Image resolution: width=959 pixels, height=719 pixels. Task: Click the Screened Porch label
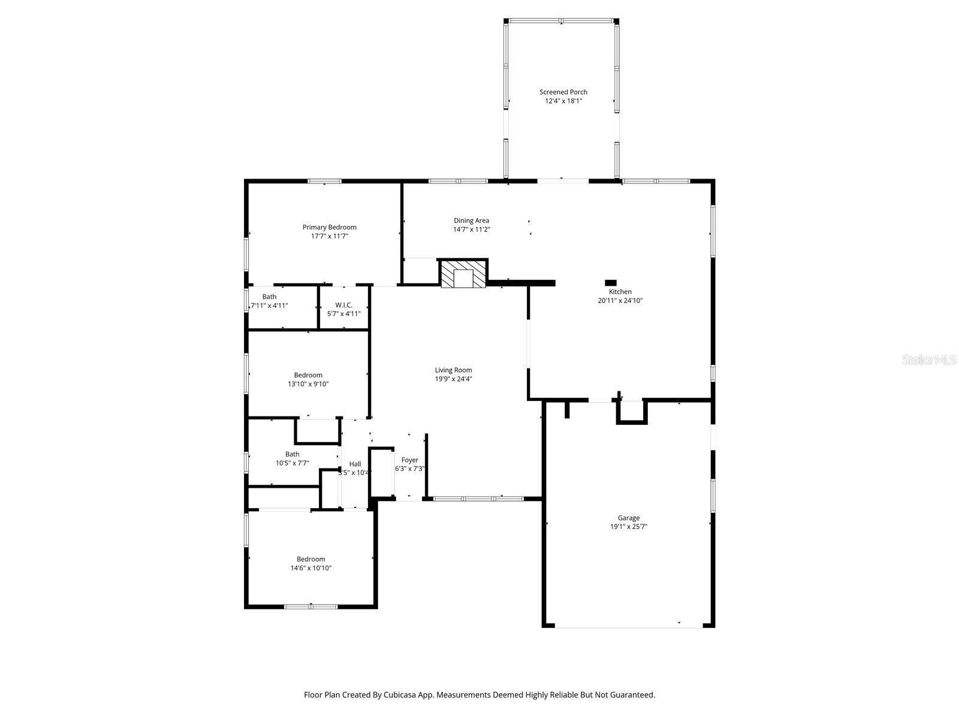pos(563,92)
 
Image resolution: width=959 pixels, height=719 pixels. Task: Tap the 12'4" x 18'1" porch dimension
pos(563,101)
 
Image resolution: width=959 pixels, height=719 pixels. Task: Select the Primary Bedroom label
pos(329,227)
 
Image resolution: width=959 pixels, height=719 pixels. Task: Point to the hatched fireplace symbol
pos(463,274)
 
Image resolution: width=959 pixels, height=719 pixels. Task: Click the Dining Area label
pos(471,220)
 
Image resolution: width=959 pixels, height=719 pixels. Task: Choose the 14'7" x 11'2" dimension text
pos(471,229)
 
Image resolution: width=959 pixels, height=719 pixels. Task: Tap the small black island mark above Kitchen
pos(611,283)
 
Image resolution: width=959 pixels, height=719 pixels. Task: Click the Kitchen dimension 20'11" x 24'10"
pos(620,301)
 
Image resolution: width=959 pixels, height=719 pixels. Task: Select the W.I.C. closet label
pos(343,305)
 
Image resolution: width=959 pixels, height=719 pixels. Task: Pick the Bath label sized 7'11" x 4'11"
pos(269,297)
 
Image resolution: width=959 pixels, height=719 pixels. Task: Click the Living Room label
pos(453,370)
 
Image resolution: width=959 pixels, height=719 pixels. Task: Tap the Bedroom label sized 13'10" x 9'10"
pos(308,375)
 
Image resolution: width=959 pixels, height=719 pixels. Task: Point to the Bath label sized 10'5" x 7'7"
pos(292,454)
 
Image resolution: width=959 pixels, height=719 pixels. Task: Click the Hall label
pos(355,464)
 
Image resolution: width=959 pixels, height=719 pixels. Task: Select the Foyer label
pos(410,460)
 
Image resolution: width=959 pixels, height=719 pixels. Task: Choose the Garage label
pos(629,518)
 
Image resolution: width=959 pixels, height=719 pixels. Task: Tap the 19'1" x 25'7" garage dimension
pos(629,527)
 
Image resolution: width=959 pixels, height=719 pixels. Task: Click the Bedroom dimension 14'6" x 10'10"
pos(310,568)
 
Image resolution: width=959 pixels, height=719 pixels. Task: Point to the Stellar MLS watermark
pos(929,360)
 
